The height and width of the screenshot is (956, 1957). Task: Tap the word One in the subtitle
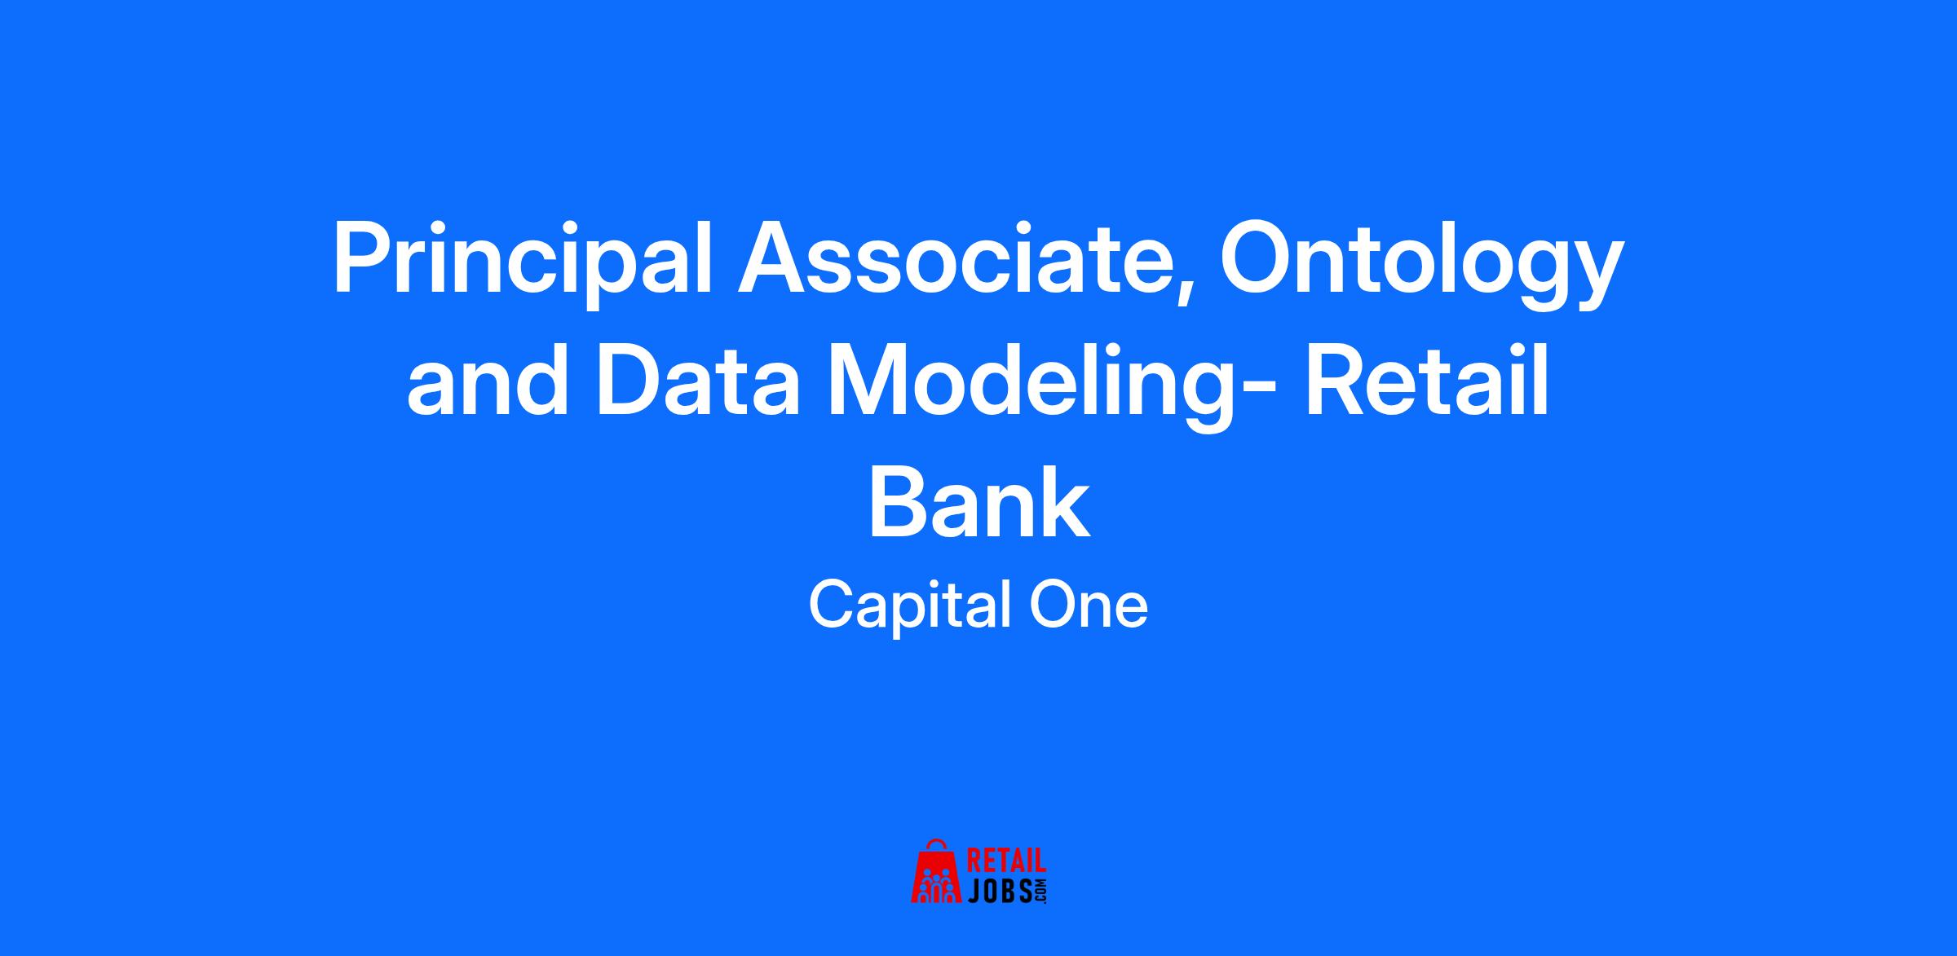[1089, 606]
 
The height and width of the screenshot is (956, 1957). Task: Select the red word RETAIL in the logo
[1006, 861]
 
